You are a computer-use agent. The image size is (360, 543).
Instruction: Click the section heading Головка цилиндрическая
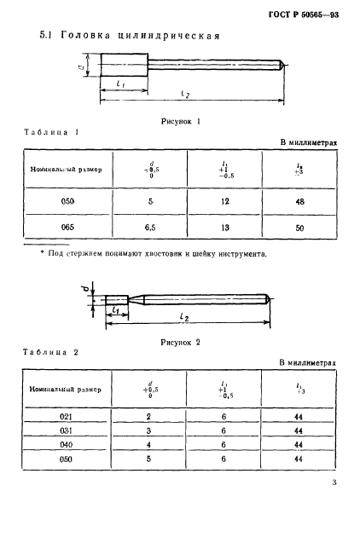[131, 37]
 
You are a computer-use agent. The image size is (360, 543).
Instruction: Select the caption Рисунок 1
[180, 121]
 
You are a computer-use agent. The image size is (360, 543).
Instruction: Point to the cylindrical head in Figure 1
[125, 65]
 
